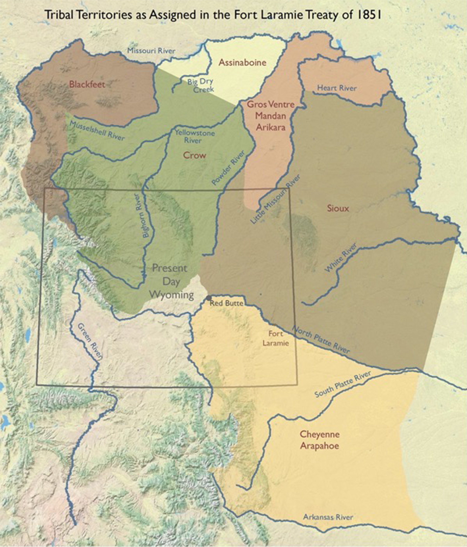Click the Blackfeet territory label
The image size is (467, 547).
tap(87, 84)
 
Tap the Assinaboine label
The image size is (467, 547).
tap(243, 63)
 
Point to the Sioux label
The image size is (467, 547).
tap(338, 208)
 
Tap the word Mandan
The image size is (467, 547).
tap(270, 116)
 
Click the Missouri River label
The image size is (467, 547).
tap(151, 51)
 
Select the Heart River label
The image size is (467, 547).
tap(337, 88)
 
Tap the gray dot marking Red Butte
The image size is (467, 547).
tap(209, 298)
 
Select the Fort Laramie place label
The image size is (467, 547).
tap(276, 338)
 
